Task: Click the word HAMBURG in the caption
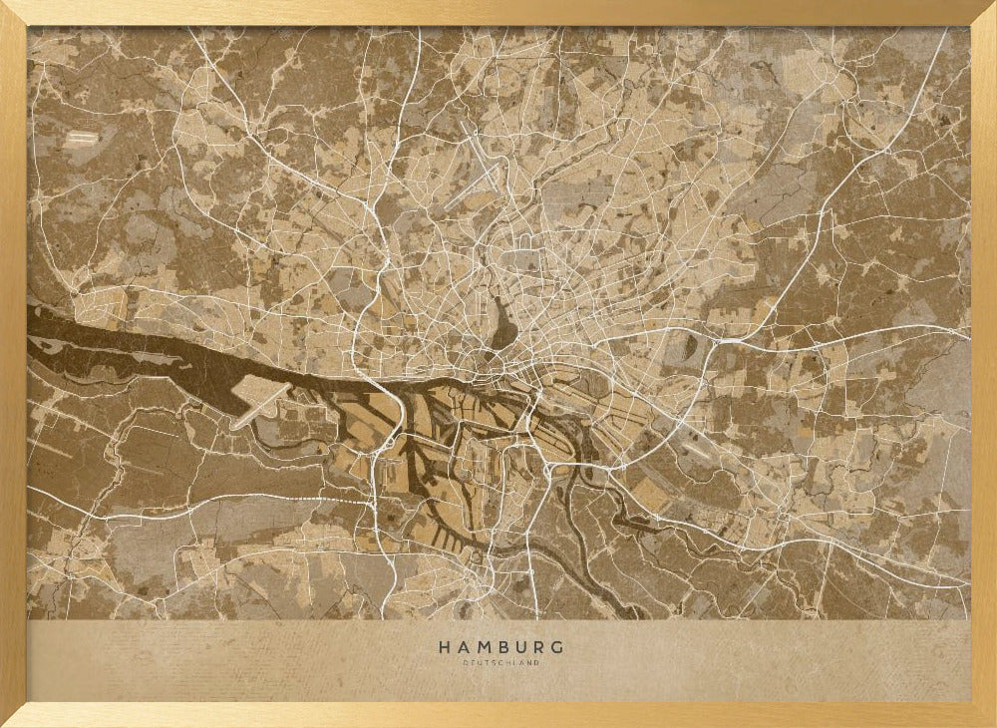[x=500, y=647]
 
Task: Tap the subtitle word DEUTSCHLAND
[x=500, y=663]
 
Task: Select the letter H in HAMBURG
[x=444, y=647]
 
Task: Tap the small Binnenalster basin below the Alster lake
[x=496, y=351]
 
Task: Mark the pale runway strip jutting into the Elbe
[x=261, y=403]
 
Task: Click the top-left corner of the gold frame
[x=6, y=6]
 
